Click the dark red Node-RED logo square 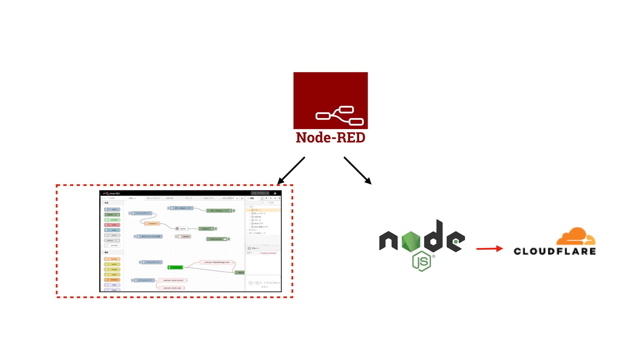coord(330,100)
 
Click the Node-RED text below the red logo coord(330,138)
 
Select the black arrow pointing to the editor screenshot coord(291,171)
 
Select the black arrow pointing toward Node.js coord(357,170)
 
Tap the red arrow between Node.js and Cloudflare coord(489,249)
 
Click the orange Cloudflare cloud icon coord(576,237)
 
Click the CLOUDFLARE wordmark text coord(555,251)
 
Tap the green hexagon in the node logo coord(410,241)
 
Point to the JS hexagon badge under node coord(422,261)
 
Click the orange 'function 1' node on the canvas coord(152,224)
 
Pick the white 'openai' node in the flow coord(182,229)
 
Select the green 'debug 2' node coord(206,229)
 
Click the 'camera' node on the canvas coord(184,236)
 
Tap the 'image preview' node coord(217,239)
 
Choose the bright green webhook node coord(175,267)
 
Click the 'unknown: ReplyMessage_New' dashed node coord(217,262)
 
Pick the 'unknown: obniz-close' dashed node coord(171,288)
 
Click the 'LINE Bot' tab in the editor coord(170,198)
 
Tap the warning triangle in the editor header coord(275,193)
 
